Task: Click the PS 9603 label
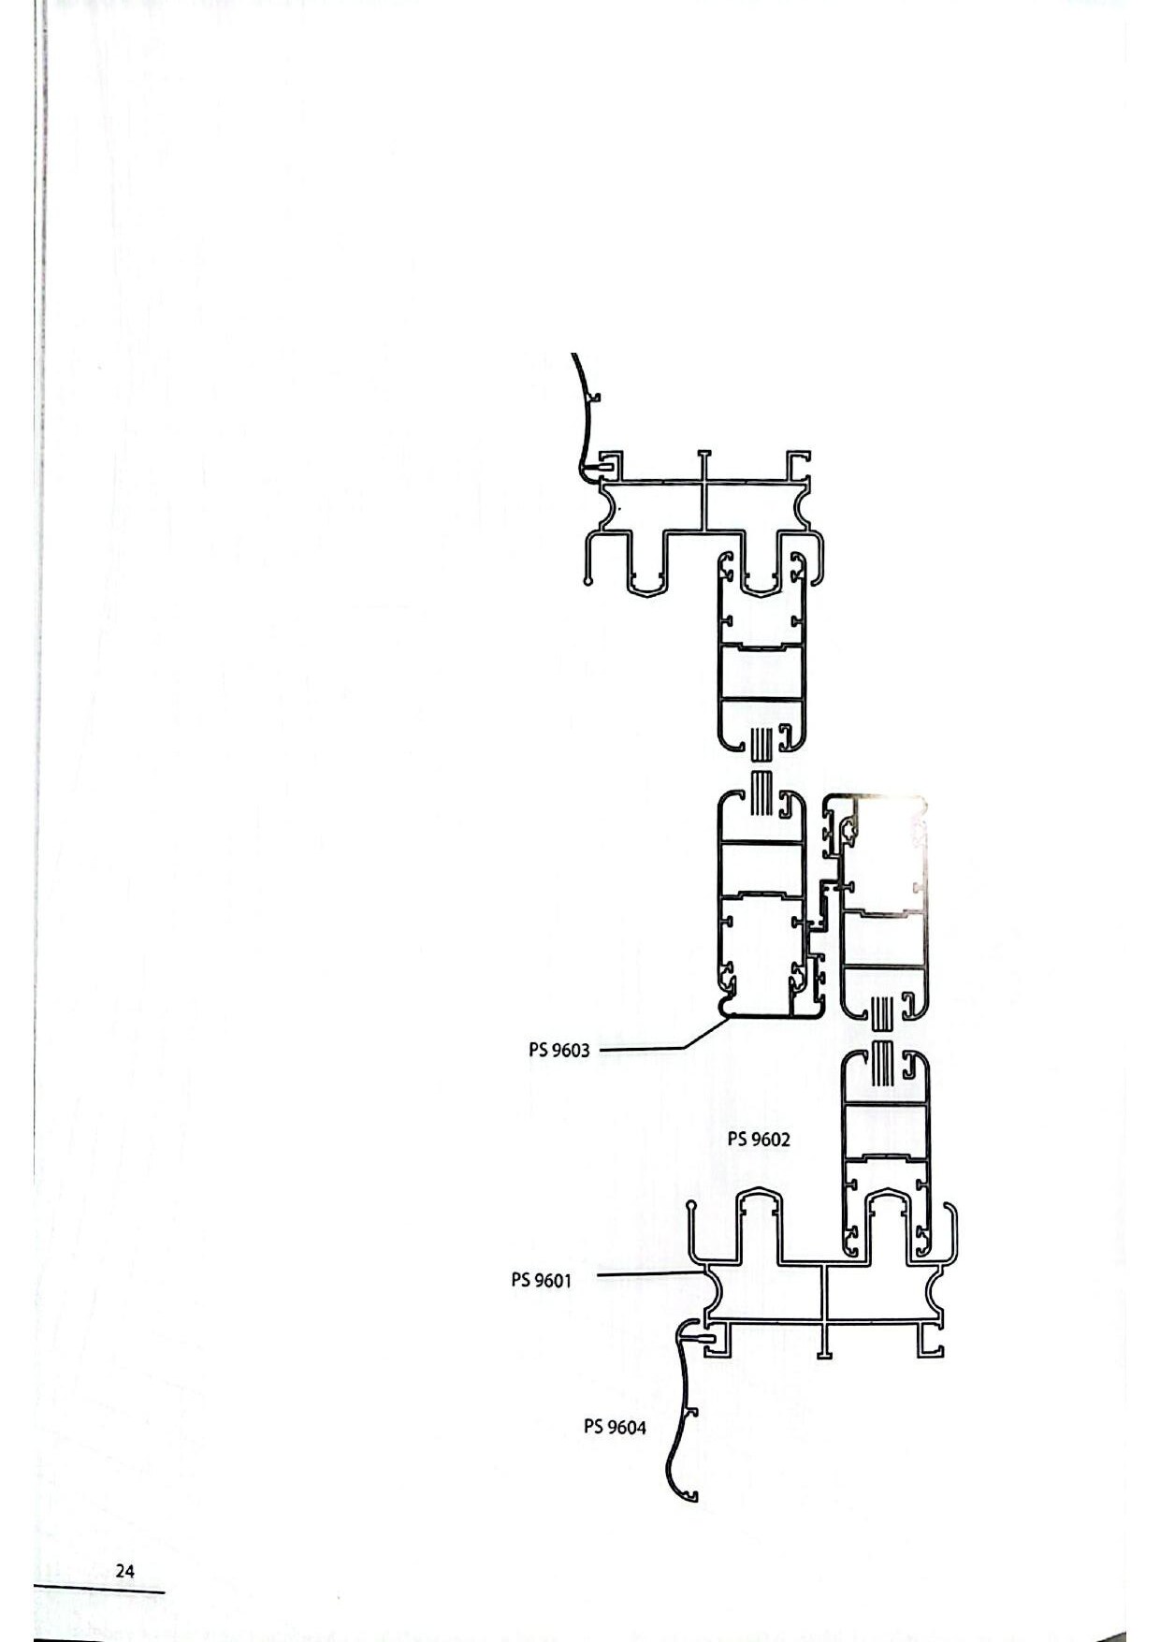point(559,1050)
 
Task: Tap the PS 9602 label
point(759,1139)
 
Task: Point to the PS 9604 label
point(615,1426)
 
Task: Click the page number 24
point(124,1571)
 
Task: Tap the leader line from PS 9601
point(650,1273)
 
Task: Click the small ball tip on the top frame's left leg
point(587,581)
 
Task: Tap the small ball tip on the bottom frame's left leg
point(690,1207)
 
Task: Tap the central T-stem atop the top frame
point(704,467)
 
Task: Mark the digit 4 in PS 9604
point(641,1427)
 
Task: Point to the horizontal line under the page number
point(99,1591)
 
